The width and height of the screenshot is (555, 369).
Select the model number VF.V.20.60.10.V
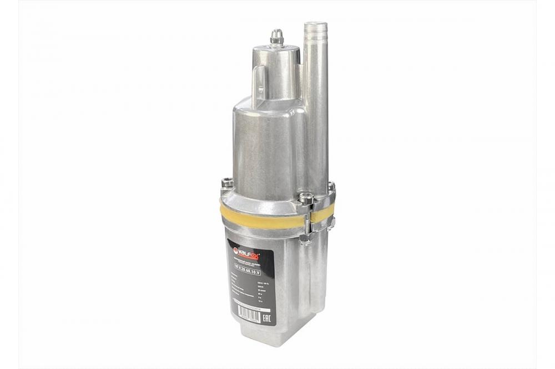coord(255,271)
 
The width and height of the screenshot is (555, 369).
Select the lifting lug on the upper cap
coord(259,86)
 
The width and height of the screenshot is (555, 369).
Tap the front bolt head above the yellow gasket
coord(306,197)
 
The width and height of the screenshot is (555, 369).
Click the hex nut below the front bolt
coord(306,238)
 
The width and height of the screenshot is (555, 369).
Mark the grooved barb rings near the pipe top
coord(316,36)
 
